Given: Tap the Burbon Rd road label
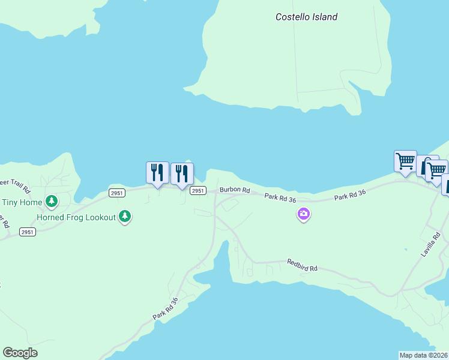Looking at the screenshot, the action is tap(234, 190).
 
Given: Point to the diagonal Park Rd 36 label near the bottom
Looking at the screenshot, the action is tap(166, 308).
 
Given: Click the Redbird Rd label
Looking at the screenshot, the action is tap(301, 265).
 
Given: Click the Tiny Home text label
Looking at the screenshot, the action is tap(22, 202).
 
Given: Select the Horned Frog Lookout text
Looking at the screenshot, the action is tap(76, 217).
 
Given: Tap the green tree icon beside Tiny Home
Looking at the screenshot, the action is tap(52, 200).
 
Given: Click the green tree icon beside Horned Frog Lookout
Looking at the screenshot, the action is tap(124, 215).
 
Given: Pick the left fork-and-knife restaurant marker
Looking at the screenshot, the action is tap(157, 172).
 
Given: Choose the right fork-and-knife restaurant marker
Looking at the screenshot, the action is tap(182, 173).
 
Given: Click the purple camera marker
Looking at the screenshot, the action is tap(304, 214).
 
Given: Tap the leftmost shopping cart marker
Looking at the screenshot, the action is tap(405, 161).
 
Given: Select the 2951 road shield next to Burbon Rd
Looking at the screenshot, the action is tap(198, 190).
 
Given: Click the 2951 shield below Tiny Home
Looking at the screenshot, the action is tap(27, 232).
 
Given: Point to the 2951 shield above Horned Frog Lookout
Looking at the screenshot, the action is tap(117, 193).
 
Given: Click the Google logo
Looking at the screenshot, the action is tap(20, 353).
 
